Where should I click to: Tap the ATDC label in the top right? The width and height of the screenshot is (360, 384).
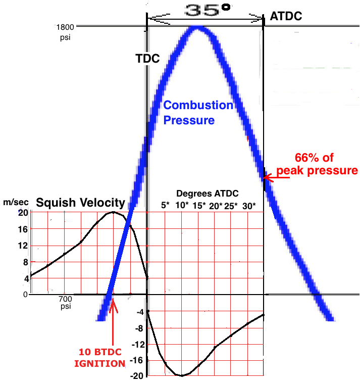click(286, 16)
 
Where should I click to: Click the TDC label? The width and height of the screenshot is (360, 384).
click(147, 59)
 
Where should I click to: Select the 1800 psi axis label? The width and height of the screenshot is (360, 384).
click(66, 31)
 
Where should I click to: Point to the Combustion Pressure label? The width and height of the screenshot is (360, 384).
click(198, 112)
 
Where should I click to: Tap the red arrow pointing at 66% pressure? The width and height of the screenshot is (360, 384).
click(275, 177)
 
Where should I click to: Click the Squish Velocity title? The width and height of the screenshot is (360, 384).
click(80, 203)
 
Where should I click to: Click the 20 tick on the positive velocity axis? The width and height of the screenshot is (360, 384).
click(23, 212)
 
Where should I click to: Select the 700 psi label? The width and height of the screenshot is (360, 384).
click(65, 302)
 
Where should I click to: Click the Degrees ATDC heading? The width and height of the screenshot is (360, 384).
click(208, 194)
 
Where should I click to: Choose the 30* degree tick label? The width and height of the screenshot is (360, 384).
click(249, 206)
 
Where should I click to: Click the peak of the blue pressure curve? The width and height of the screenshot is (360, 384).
click(197, 28)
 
